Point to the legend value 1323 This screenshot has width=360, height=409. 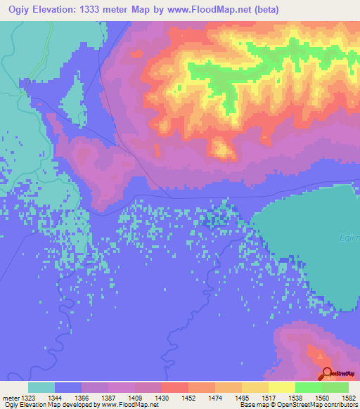(28, 397)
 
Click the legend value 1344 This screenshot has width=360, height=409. (55, 397)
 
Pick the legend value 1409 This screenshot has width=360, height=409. (135, 397)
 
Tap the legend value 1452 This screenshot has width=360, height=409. (188, 397)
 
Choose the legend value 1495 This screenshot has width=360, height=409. (242, 397)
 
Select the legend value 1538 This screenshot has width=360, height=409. (295, 397)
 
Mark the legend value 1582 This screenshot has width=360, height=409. (349, 397)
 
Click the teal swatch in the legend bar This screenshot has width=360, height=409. (41, 387)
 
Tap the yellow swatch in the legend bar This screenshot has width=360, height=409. (281, 387)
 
